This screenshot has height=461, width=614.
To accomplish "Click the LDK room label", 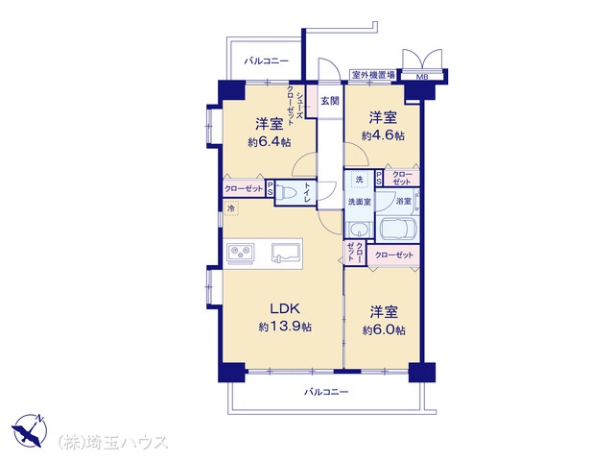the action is [285, 308].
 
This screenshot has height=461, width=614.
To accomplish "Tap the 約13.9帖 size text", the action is [285, 327].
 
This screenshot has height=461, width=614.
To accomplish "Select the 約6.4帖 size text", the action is [269, 142].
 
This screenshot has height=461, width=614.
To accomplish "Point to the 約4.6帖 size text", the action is [383, 135].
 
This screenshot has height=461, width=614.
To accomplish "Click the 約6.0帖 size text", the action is [384, 330].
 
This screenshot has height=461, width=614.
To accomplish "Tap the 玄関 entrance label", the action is [330, 101].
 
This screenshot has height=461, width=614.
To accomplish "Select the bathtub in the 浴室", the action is [397, 229].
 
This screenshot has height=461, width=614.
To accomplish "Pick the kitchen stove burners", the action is [241, 253].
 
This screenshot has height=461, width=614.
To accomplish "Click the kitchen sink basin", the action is [286, 252].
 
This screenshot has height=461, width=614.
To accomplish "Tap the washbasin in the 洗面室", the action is [357, 229].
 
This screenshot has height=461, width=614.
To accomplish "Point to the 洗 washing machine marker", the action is [360, 180].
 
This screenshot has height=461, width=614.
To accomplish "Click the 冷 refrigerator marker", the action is [231, 208].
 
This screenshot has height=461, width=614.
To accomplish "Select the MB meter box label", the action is [422, 77].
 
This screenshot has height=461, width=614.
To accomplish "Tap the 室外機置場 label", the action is [373, 75].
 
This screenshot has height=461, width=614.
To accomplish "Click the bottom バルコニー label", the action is [326, 392].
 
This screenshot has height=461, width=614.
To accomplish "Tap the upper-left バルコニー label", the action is [267, 61].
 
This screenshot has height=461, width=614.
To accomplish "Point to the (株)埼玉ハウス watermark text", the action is [113, 442].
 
